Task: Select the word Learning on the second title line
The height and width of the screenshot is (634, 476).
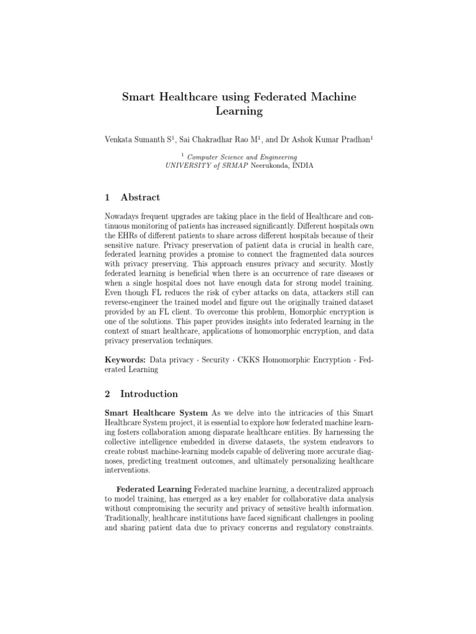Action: click(x=239, y=112)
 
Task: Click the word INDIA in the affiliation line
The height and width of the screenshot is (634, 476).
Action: click(x=300, y=166)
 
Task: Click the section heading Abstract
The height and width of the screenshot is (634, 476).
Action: click(x=140, y=198)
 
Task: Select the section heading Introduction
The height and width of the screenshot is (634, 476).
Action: click(x=149, y=394)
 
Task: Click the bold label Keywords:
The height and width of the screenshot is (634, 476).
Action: click(x=125, y=360)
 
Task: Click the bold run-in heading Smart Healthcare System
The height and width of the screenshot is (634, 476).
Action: click(x=156, y=412)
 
